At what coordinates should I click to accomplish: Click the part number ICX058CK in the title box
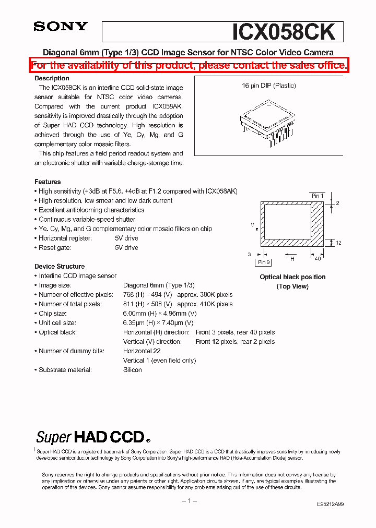(284, 32)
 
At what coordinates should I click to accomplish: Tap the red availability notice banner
(188, 65)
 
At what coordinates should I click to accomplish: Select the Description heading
(52, 78)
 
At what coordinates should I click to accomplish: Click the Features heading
(48, 182)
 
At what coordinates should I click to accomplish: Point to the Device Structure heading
(60, 266)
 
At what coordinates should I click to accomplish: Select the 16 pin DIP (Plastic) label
(268, 86)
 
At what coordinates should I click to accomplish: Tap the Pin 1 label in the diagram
(318, 196)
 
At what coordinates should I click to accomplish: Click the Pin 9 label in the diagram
(264, 262)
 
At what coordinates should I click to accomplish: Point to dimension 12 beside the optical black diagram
(338, 243)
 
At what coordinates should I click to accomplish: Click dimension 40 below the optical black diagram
(316, 258)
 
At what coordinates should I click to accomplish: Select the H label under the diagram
(292, 258)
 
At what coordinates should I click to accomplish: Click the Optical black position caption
(292, 277)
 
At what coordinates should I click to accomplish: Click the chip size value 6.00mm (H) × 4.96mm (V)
(160, 313)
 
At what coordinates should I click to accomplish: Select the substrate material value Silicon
(133, 369)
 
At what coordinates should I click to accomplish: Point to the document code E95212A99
(330, 505)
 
